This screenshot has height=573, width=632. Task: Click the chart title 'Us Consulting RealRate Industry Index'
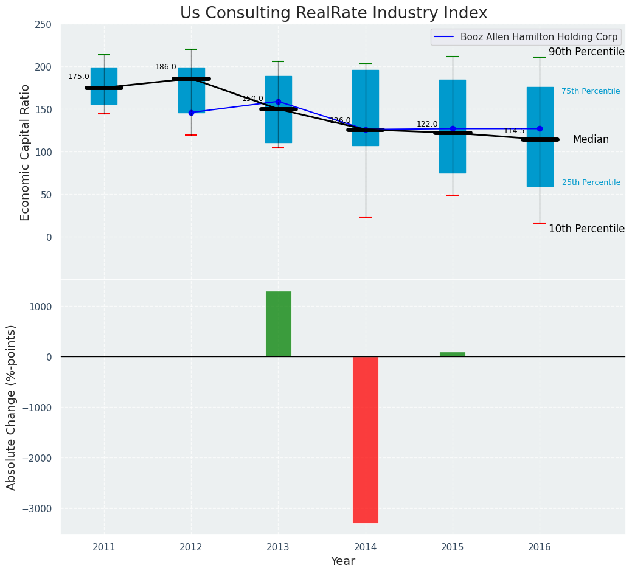click(334, 13)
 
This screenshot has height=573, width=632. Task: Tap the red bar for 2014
click(366, 439)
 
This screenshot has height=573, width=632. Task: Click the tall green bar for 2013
click(279, 324)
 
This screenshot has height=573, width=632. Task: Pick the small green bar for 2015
click(453, 354)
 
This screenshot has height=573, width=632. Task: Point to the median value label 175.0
click(78, 77)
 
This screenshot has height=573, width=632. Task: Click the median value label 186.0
click(165, 67)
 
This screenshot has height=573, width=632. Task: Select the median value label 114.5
click(514, 131)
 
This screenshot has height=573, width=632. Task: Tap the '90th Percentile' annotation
click(586, 52)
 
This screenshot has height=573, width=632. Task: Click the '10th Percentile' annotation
click(586, 229)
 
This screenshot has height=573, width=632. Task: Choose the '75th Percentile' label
click(591, 91)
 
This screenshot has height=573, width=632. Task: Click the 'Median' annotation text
click(591, 140)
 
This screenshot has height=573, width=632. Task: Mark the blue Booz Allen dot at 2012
click(191, 113)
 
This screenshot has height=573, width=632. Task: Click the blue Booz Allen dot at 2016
click(540, 128)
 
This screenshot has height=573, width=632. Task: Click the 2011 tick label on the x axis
click(104, 547)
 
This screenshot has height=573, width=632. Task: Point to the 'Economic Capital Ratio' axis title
click(26, 152)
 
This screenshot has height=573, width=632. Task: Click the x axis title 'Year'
click(343, 561)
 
